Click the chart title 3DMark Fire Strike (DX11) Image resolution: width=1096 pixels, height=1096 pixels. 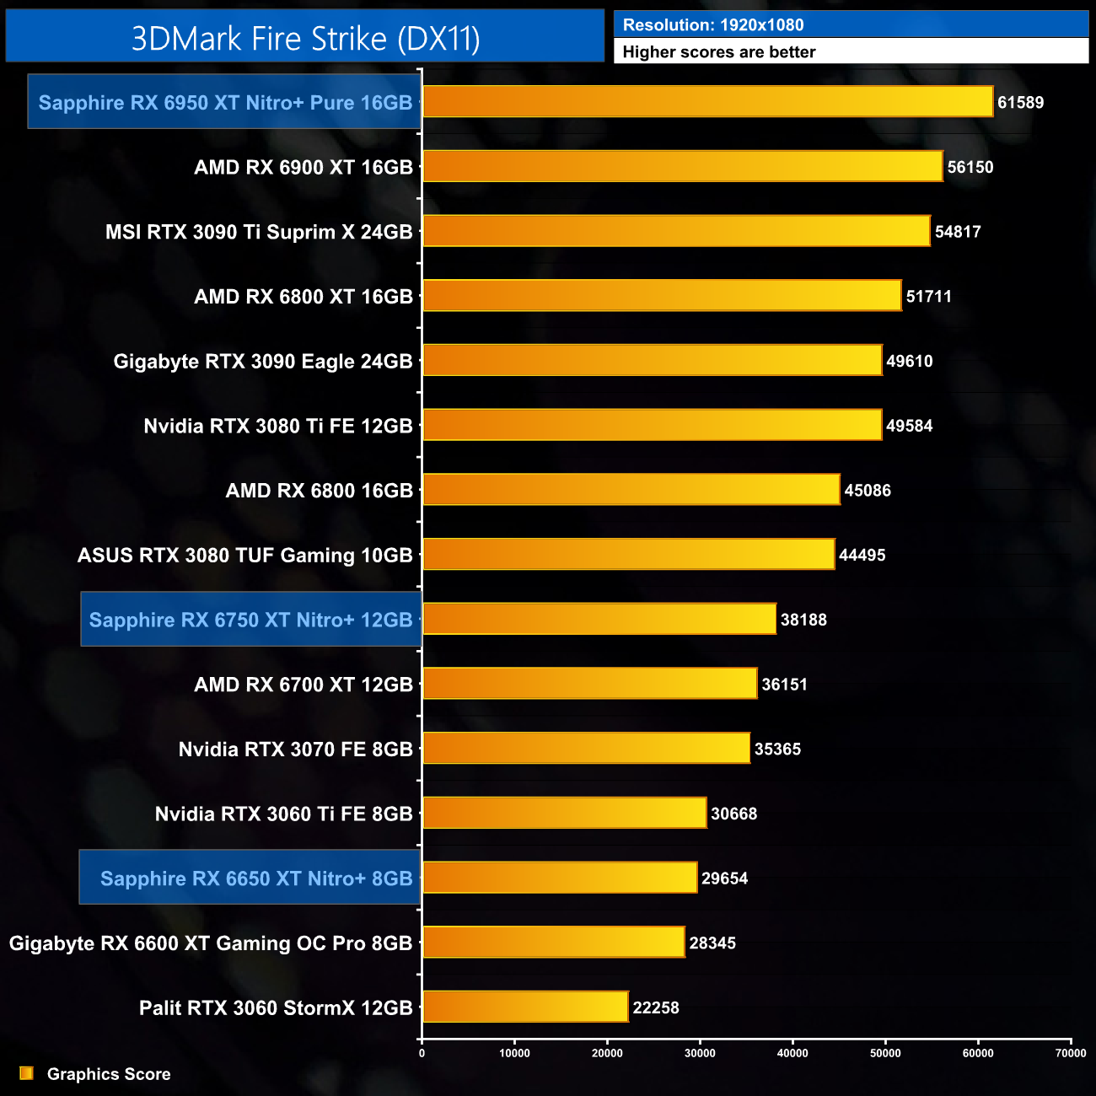click(x=305, y=39)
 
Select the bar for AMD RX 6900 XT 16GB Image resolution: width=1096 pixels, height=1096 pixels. click(x=682, y=166)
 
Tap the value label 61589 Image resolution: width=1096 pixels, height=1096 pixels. click(x=1020, y=103)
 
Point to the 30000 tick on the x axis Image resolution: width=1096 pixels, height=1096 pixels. click(x=700, y=1052)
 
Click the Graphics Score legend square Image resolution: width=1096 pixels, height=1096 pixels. click(x=27, y=1073)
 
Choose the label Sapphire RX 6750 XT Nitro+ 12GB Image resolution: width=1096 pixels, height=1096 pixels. click(x=250, y=620)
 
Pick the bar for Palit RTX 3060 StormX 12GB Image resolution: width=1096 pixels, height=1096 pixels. click(x=525, y=1007)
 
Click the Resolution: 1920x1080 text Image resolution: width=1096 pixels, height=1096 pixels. click(x=713, y=25)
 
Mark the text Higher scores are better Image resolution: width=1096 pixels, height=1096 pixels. click(x=719, y=52)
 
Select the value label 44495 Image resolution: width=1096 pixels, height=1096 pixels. click(x=862, y=555)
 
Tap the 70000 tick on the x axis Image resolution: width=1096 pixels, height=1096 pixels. click(x=1071, y=1052)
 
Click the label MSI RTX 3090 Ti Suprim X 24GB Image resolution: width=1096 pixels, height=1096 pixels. click(x=259, y=232)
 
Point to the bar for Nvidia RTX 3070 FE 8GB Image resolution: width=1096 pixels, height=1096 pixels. click(x=586, y=748)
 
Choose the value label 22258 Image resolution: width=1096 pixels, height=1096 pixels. click(x=656, y=1007)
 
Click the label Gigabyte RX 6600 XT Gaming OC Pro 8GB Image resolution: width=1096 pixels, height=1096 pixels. click(x=211, y=943)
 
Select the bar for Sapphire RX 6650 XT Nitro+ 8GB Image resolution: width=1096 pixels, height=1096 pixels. click(x=560, y=878)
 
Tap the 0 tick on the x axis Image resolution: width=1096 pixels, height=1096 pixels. click(x=422, y=1052)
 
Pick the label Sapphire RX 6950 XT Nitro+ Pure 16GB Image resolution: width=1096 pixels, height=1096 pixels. click(x=225, y=103)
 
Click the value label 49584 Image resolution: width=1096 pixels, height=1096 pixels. click(x=909, y=426)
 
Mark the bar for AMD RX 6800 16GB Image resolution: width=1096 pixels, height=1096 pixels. click(x=631, y=490)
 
